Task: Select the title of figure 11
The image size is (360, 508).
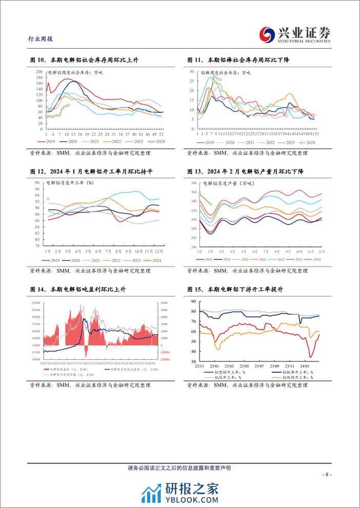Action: [239, 60]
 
